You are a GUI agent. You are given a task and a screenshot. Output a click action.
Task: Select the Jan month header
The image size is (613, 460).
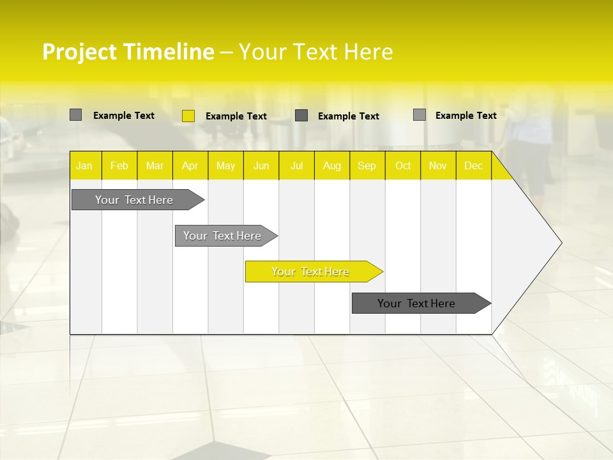[84, 165]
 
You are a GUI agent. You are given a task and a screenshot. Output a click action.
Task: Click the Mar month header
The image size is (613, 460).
[155, 165]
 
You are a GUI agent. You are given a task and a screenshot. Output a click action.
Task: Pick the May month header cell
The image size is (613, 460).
[225, 165]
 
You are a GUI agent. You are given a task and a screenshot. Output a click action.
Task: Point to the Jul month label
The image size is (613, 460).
[296, 165]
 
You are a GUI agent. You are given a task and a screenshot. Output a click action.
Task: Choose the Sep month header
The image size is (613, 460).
[367, 165]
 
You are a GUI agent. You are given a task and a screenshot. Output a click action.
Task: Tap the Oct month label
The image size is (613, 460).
[403, 165]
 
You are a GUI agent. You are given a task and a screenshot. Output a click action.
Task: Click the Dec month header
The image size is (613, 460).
[473, 165]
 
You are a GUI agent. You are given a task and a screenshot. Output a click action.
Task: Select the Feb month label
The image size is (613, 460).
[119, 165]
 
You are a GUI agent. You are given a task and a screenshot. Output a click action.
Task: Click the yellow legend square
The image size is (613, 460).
[188, 116]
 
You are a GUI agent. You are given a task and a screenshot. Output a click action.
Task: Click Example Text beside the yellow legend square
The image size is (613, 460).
[236, 116]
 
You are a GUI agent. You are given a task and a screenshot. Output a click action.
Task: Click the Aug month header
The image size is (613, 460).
[332, 165]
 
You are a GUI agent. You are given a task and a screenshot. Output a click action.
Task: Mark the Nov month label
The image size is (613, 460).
[438, 165]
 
